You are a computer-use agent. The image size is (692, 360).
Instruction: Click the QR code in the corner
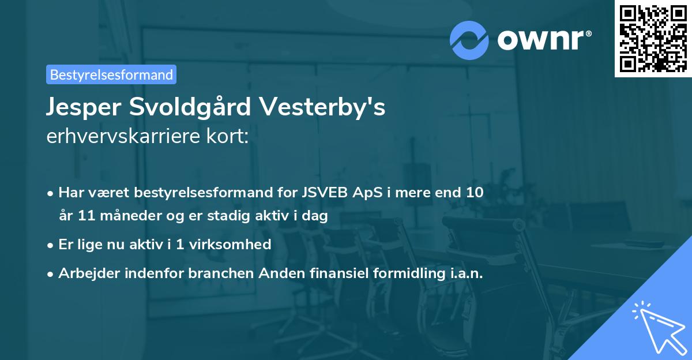coord(652,38)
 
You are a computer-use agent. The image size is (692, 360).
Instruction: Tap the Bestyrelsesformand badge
coord(111,74)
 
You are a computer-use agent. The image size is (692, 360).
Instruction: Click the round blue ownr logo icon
coord(469,40)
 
